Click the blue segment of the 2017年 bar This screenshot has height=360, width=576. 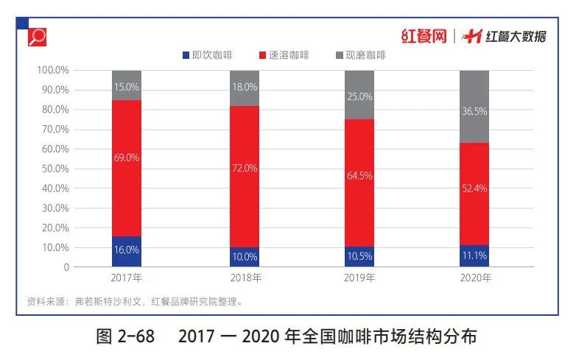(x=127, y=251)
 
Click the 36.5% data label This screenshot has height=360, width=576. (x=474, y=111)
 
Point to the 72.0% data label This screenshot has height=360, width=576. (x=245, y=168)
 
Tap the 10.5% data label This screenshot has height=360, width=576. (x=359, y=258)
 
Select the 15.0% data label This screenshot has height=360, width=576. (x=127, y=87)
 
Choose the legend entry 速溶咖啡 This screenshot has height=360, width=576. (x=284, y=55)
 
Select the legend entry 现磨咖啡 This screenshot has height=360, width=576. (x=361, y=55)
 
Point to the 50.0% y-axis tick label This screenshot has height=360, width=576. (x=52, y=169)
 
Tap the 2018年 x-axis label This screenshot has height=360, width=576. (x=245, y=278)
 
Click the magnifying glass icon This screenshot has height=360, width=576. (x=37, y=36)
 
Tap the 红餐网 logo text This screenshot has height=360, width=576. (x=424, y=35)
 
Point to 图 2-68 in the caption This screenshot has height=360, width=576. (x=125, y=337)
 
